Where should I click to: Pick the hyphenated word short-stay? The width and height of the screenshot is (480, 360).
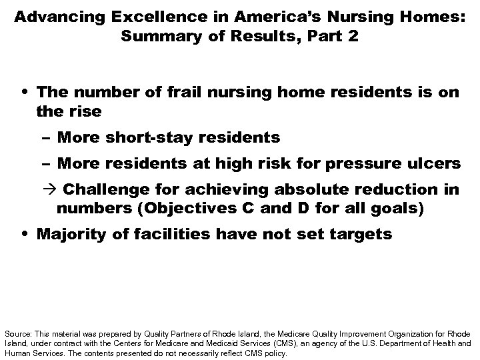[x=145, y=139]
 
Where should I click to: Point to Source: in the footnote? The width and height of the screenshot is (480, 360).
[x=17, y=333]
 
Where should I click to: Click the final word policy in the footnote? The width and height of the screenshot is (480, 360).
[x=275, y=354]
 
